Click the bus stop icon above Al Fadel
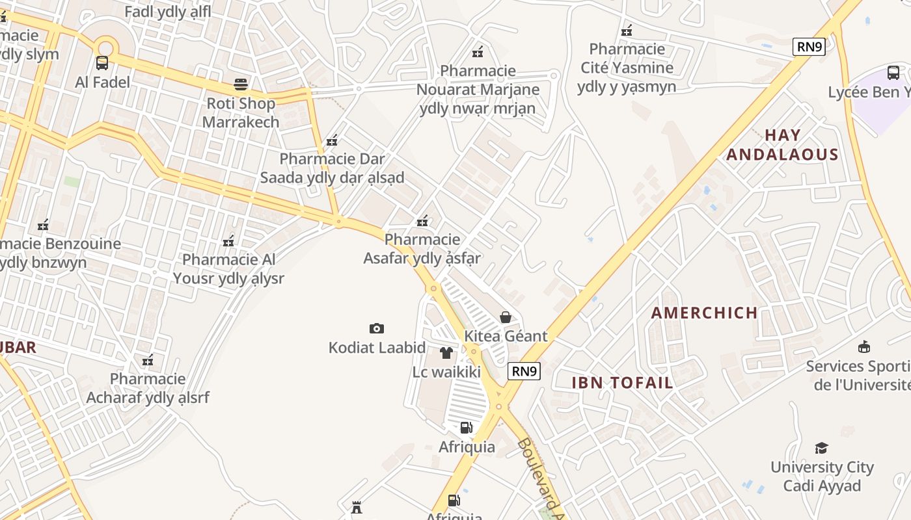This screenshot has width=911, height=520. tap(102, 63)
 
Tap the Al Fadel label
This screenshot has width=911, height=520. tap(103, 82)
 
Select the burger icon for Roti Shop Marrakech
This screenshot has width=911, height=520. tap(241, 84)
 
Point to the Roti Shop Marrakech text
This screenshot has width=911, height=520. tap(241, 112)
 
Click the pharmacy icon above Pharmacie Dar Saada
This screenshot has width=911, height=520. tap(332, 140)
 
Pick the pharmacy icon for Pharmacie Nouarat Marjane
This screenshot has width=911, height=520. tap(478, 52)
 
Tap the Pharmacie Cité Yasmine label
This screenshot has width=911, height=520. tap(627, 68)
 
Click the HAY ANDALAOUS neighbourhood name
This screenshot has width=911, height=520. tap(782, 145)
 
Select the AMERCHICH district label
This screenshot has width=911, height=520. tap(705, 313)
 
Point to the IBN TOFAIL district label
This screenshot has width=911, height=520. tap(622, 383)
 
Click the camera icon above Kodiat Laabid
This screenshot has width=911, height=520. tap(376, 328)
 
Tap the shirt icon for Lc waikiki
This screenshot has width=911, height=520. tap(446, 353)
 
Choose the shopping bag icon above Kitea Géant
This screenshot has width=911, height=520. tap(506, 317)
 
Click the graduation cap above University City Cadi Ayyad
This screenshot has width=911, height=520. tap(821, 448)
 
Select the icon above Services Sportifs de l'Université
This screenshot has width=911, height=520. tap(864, 346)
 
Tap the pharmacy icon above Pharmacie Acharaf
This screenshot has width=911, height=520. tap(148, 360)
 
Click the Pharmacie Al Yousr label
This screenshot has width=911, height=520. tap(228, 269)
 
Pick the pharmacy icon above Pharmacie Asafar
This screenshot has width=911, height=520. tap(422, 221)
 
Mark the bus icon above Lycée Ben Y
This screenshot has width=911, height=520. tap(893, 73)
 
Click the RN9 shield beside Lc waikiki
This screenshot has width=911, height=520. tap(524, 371)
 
